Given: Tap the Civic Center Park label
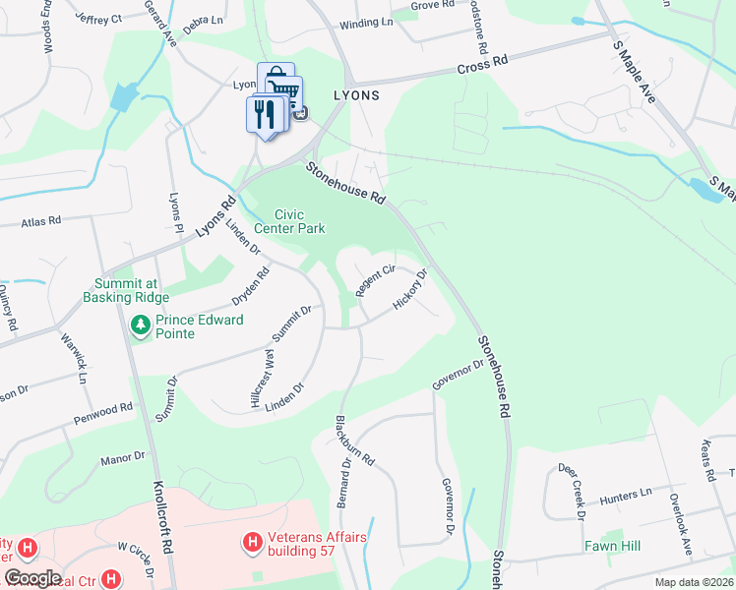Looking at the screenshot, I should click(289, 221).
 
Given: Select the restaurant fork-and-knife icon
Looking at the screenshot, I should click(263, 114).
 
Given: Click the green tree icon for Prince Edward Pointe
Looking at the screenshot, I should click(141, 324).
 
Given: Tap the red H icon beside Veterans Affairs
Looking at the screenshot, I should click(252, 542).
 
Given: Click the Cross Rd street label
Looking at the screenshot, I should click(482, 64).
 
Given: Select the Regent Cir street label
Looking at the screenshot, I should click(375, 280).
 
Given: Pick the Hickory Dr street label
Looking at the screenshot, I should click(411, 290).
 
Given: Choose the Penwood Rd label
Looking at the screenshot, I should click(101, 412).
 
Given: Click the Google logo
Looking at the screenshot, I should click(32, 577).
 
